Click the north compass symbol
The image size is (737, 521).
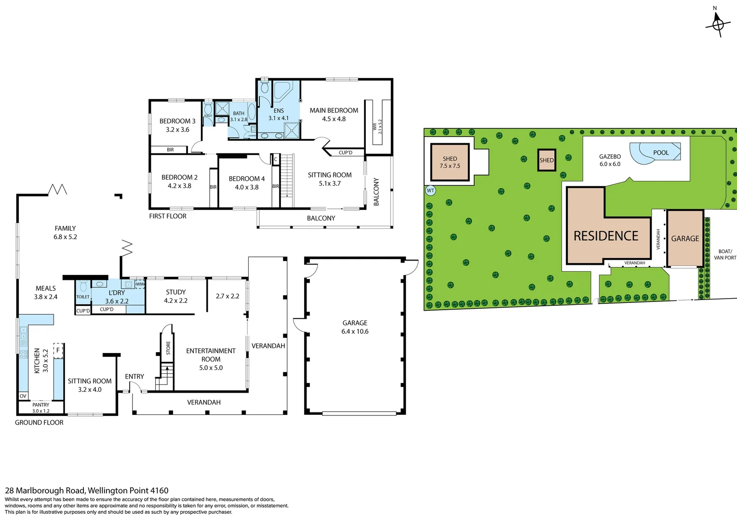718,23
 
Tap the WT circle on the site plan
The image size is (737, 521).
430,191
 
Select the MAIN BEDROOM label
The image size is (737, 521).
334,110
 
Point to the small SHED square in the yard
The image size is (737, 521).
547,160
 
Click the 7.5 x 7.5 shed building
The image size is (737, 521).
450,162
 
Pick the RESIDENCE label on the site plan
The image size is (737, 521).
606,236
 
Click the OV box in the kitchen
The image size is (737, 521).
23,396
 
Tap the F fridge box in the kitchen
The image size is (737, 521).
58,350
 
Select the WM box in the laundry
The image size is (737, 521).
140,284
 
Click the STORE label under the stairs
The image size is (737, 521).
168,348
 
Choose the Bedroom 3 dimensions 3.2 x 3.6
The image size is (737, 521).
177,130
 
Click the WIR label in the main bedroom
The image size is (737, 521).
375,126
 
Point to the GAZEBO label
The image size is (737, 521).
610,157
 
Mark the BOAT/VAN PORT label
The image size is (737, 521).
725,255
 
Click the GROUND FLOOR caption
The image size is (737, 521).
39,423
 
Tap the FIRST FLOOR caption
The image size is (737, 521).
168,216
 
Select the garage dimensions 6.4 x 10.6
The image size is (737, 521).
355,331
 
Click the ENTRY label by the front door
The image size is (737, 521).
134,377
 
